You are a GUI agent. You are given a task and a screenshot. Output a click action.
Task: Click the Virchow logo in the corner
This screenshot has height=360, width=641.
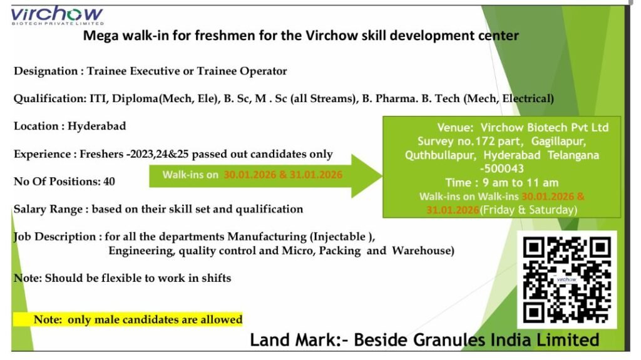click(x=56, y=16)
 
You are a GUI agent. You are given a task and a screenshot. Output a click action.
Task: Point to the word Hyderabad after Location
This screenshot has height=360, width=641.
click(x=96, y=126)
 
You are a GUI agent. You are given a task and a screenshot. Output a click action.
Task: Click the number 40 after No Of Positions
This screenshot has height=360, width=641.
click(x=109, y=182)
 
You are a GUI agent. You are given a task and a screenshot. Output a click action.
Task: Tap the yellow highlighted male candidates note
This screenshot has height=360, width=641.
click(x=127, y=319)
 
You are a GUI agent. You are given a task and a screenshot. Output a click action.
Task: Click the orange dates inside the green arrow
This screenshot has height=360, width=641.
click(x=283, y=175)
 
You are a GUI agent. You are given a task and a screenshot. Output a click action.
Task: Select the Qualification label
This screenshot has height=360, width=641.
click(x=49, y=98)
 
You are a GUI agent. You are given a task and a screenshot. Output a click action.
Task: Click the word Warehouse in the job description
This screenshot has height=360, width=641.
click(x=423, y=250)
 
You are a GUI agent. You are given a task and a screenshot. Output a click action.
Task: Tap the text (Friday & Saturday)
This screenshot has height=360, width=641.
click(x=528, y=210)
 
